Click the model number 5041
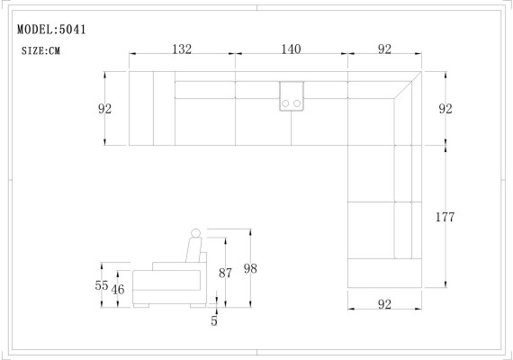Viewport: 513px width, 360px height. pos(72,29)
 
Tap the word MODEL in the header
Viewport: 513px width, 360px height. pos(35,29)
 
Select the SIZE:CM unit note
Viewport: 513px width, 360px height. pos(40,51)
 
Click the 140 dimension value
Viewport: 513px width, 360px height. pos(291,49)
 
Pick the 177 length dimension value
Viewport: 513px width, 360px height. pos(444,217)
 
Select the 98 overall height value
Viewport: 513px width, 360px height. pos(250,269)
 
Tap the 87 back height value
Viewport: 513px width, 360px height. pos(226,273)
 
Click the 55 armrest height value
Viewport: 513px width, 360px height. pos(102,284)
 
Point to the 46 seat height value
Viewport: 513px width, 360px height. pos(118,289)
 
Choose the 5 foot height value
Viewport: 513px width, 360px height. pos(214,320)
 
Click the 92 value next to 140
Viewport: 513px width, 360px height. pos(384,49)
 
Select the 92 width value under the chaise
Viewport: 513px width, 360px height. pos(384,304)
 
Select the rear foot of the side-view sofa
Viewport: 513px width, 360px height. pos(197,306)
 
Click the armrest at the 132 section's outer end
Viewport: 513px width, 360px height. pos(141,108)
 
